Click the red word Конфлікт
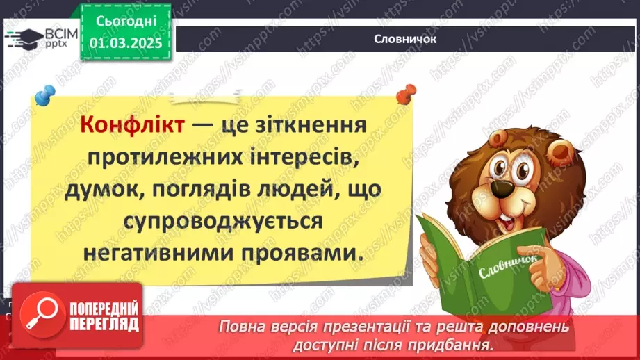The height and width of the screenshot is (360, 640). [133, 126]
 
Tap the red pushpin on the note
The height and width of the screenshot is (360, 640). [404, 93]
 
